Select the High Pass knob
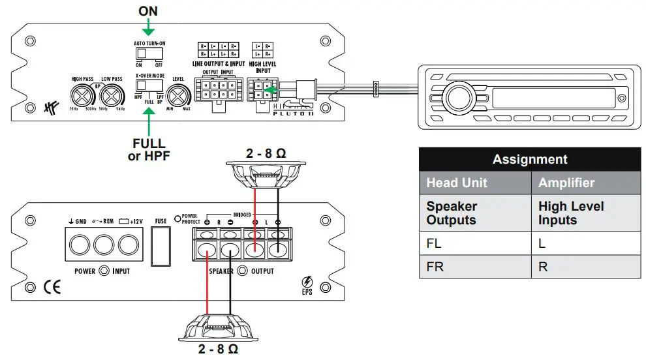point(84,96)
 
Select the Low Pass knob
point(112,96)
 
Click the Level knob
point(177,98)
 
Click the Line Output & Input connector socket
point(217,89)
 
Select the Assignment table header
point(529,159)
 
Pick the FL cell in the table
point(474,244)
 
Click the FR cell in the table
point(474,267)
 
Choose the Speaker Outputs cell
point(474,213)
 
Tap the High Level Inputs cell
point(585,213)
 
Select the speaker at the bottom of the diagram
point(218,326)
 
